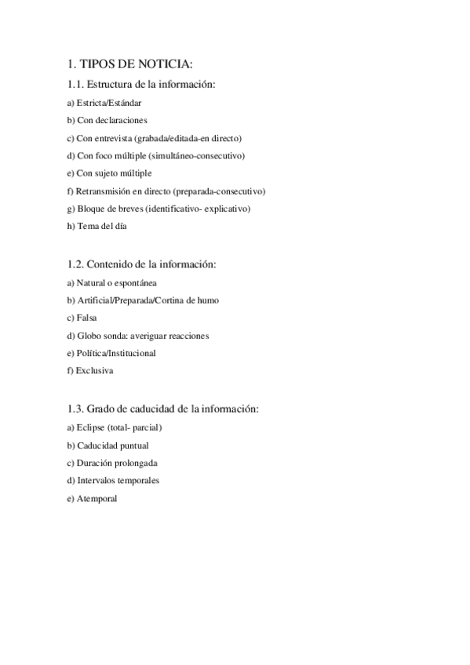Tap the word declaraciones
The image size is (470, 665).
click(x=122, y=120)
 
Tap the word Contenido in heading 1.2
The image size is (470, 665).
click(x=109, y=264)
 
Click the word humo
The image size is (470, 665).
click(x=208, y=300)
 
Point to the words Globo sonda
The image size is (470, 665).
click(x=102, y=336)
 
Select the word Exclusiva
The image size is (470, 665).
click(x=94, y=370)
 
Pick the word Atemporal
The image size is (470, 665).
click(x=97, y=498)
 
